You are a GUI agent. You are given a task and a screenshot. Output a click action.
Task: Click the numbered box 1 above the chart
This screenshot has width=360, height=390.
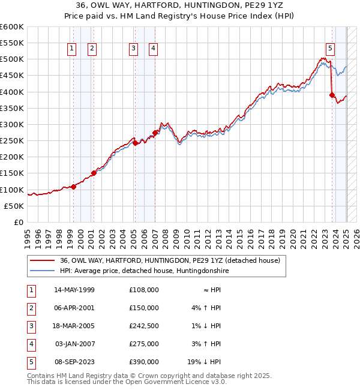[x=72, y=49]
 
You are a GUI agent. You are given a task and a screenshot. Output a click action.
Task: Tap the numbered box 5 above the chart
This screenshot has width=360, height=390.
[x=331, y=49]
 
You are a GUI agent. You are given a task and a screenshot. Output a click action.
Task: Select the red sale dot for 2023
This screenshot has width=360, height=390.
[x=332, y=95]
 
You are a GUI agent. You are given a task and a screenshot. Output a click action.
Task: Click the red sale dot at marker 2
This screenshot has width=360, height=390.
[x=94, y=173]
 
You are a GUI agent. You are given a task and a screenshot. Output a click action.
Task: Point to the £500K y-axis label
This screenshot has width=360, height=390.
[x=12, y=59]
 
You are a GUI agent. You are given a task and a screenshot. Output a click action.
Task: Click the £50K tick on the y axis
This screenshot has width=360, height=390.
[x=14, y=206]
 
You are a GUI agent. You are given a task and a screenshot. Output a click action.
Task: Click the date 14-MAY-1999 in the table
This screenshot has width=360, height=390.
[x=74, y=290]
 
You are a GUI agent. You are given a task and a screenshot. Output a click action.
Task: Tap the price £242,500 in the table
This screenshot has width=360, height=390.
[x=143, y=326]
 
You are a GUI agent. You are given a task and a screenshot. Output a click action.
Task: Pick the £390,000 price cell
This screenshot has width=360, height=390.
[x=143, y=362]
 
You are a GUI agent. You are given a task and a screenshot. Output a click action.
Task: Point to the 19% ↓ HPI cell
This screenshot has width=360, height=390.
[x=205, y=362]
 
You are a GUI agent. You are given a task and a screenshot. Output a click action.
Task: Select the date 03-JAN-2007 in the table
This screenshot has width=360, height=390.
[x=74, y=344]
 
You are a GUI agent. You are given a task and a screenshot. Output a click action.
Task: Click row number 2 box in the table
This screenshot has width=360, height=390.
[x=29, y=308]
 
